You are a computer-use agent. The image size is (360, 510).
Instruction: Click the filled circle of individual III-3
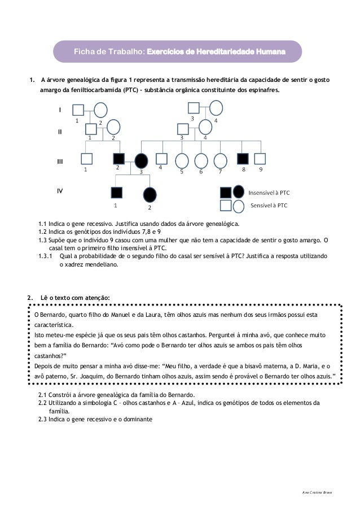141,161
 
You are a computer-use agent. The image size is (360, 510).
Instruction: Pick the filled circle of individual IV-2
150,195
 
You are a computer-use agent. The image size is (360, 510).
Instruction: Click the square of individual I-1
78,109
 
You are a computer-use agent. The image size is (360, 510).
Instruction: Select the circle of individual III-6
200,161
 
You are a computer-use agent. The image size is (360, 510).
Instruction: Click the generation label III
60,162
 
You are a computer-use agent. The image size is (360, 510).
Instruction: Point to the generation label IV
60,191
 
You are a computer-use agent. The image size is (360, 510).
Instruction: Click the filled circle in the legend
239,193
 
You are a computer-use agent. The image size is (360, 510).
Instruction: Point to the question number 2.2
42,403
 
